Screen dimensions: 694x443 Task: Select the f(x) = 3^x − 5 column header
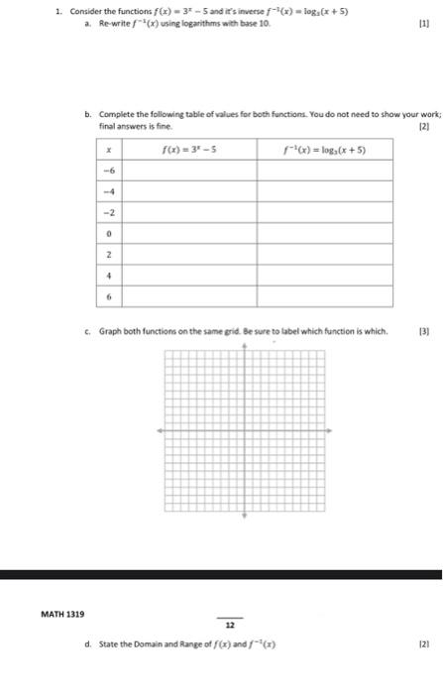click(189, 149)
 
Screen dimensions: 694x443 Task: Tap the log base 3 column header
click(324, 149)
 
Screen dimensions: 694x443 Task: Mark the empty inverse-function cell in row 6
click(324, 296)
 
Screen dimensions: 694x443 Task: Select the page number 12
click(230, 626)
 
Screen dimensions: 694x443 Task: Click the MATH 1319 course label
click(61, 615)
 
